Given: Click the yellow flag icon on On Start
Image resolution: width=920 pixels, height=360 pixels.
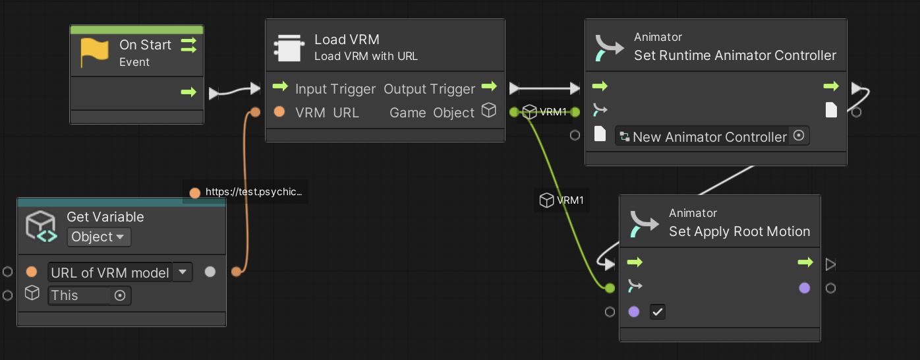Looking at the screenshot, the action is click(94, 52).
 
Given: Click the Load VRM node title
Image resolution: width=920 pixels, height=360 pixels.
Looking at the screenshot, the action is click(347, 40).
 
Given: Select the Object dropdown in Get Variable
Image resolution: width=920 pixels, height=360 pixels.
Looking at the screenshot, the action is click(99, 237).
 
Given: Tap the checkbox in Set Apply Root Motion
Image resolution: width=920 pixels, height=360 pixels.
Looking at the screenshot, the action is click(658, 312).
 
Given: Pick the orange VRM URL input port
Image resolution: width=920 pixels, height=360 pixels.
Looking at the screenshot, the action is click(279, 112).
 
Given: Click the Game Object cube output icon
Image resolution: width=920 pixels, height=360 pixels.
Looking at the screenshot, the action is click(489, 110).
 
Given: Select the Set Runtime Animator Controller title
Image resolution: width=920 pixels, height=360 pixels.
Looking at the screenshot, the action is click(735, 55).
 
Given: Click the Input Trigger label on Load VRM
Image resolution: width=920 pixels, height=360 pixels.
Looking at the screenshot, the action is click(335, 89).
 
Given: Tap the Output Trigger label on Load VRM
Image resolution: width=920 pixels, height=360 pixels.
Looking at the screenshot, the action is click(429, 89).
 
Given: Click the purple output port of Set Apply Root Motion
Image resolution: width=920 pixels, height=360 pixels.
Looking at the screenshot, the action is click(805, 287).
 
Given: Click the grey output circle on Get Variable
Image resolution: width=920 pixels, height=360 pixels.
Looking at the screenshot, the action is click(210, 272).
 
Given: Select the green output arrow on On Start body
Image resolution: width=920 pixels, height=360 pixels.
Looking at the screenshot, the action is click(188, 92).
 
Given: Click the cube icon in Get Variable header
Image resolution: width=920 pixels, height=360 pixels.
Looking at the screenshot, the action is click(41, 226).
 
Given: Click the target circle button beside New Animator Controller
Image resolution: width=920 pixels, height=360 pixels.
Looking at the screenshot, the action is click(799, 135).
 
